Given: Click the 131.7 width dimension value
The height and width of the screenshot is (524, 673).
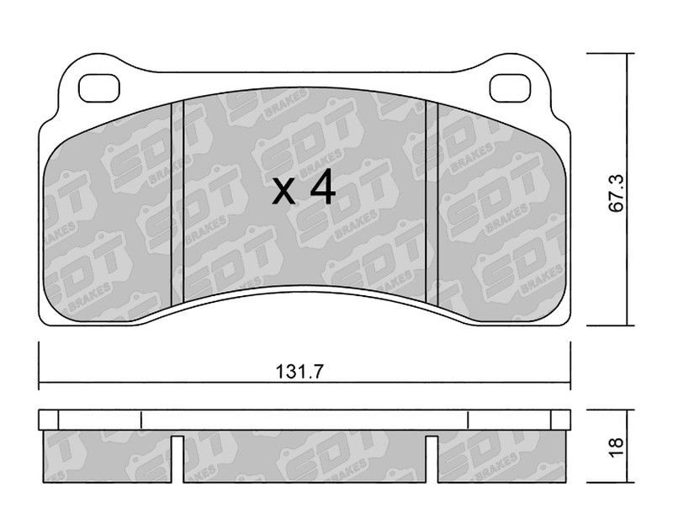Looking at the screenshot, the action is [299, 371].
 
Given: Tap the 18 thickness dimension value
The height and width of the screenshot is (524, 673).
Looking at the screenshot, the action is [616, 447].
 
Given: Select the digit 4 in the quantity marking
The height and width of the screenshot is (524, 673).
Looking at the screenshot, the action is [322, 186].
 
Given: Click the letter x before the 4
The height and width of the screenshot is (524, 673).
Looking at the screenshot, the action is [284, 192].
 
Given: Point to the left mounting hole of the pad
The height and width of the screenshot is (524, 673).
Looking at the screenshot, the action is [99, 88].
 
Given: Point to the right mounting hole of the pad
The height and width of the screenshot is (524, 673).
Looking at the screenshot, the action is [510, 88].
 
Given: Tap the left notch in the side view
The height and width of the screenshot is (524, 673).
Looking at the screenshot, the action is [178, 458].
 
